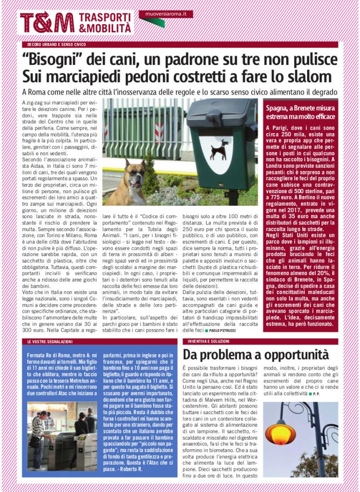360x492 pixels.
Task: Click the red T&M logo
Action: pos(47,23)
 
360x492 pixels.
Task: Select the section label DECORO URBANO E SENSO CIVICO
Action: pos(56,45)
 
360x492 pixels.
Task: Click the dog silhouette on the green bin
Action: pos(218,150)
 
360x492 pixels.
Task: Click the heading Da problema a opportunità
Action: pos(255,355)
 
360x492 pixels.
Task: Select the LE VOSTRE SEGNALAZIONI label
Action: pos(50,341)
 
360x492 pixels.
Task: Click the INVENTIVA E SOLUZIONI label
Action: pos(209,341)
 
